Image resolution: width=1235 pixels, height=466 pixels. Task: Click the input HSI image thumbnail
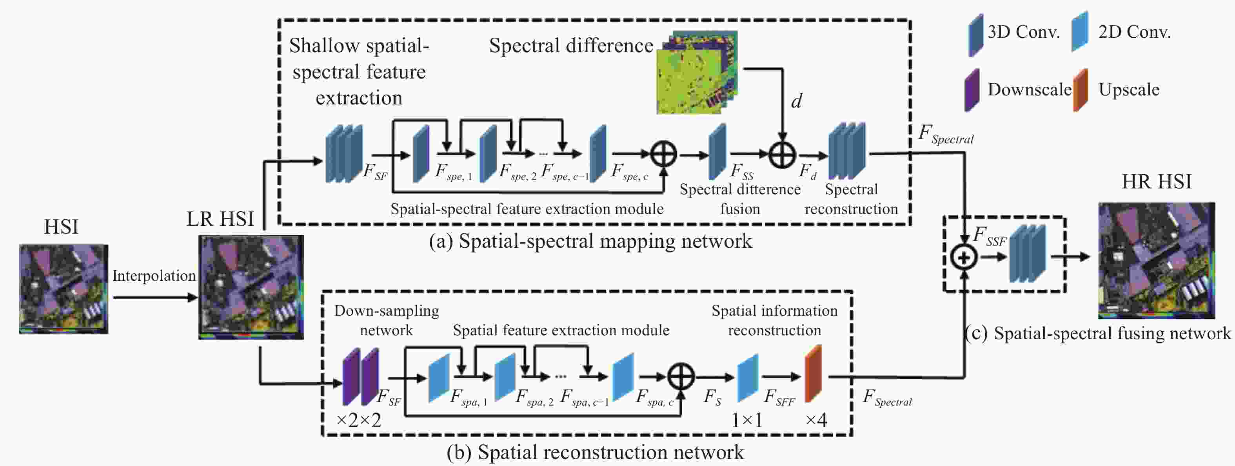coord(63,289)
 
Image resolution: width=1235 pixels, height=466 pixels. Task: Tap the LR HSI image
coord(251,287)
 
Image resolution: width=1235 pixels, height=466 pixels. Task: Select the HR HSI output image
coord(1156,261)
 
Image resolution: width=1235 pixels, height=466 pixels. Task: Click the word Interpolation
coord(154,276)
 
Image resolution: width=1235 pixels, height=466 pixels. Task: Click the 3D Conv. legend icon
coord(975,35)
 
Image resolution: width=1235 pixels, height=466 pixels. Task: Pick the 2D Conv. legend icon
coord(1080,32)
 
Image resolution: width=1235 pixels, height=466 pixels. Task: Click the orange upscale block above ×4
coord(813,374)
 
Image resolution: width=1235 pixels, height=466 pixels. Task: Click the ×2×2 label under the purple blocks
coord(359,420)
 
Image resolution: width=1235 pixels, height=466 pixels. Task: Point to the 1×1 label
coord(746,420)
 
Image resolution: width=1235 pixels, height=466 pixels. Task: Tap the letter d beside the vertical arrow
coord(796,101)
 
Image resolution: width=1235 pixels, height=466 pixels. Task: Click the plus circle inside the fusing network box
coord(964,257)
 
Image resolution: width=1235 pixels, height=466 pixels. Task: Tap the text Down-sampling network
coord(387,320)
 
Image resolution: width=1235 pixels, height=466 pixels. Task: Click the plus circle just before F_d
coord(782,155)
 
